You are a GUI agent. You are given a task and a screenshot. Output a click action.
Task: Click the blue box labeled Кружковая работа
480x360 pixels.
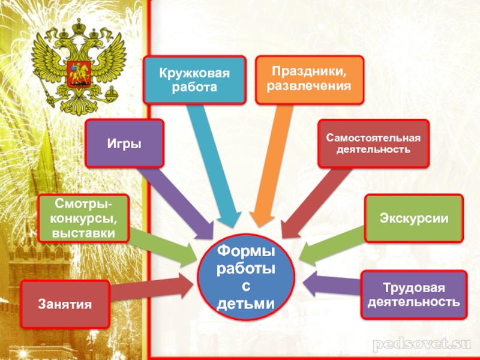tap(194, 80)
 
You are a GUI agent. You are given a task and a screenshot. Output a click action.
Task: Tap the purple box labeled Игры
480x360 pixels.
tap(124, 143)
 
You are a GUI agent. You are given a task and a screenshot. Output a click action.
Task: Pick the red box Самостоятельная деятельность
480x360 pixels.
tap(373, 143)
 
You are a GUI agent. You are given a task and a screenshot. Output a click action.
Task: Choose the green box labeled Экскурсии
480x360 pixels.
tap(414, 218)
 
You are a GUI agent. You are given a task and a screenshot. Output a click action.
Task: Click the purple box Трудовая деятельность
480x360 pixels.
tap(414, 294)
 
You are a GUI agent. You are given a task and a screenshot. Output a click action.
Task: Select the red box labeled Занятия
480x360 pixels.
tap(65, 304)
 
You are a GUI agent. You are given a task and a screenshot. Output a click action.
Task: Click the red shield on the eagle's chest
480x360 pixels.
tap(76, 67)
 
